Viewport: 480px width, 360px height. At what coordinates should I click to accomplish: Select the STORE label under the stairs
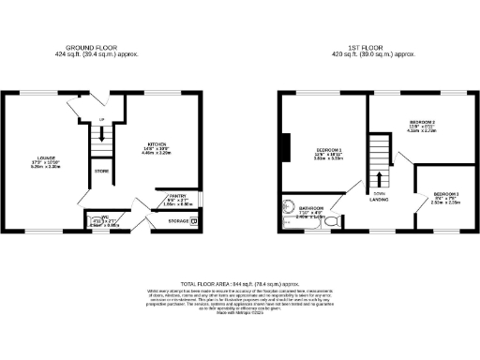tap(101, 172)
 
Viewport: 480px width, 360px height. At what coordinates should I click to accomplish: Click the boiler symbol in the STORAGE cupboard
tap(194, 222)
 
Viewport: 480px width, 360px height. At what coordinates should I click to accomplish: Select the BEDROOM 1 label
tap(329, 150)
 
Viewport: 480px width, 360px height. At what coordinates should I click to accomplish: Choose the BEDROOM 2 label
tap(422, 123)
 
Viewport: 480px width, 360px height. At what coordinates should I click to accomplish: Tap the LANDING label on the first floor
tap(380, 200)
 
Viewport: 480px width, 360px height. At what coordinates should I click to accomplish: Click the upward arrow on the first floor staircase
tap(380, 177)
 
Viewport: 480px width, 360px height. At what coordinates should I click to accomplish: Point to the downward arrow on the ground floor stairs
tap(100, 135)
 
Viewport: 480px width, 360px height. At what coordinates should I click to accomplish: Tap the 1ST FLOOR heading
tap(379, 47)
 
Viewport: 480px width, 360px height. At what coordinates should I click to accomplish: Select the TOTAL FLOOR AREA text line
tap(240, 282)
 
